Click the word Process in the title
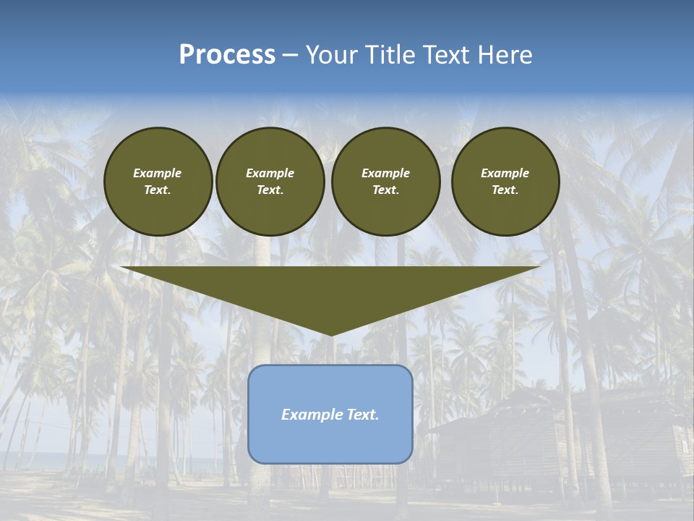tap(227, 55)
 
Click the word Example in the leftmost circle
tap(158, 173)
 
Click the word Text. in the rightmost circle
tap(505, 190)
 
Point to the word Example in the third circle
tap(385, 173)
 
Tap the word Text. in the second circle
tap(270, 190)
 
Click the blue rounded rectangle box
tap(330, 441)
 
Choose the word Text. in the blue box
tap(364, 415)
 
